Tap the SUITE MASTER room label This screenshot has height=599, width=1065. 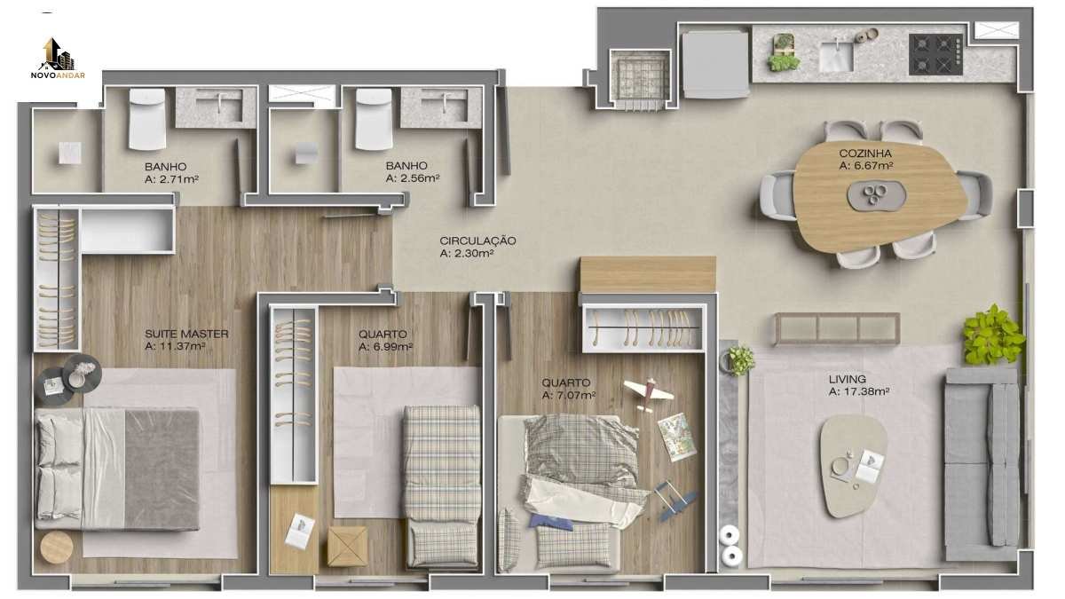[186, 334]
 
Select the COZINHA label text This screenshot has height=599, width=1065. [864, 153]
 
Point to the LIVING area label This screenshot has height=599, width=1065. [847, 379]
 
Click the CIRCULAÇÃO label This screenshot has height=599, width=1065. [477, 240]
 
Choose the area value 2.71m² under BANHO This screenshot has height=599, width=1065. [171, 179]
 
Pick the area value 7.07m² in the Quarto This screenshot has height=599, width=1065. [569, 395]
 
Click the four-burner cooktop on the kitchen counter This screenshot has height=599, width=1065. [935, 54]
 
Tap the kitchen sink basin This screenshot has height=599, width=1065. [836, 56]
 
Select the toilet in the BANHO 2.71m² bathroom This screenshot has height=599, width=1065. [147, 119]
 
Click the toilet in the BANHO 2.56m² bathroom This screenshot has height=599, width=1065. [374, 119]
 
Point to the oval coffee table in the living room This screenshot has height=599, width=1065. [853, 466]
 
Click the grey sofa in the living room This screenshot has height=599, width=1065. [982, 464]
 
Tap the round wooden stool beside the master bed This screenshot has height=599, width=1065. [57, 548]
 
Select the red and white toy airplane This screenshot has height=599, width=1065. [648, 394]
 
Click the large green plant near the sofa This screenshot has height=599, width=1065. [993, 335]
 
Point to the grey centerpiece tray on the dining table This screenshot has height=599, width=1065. [877, 195]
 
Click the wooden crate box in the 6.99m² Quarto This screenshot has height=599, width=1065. [347, 547]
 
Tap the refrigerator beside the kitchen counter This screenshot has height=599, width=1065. [715, 64]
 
